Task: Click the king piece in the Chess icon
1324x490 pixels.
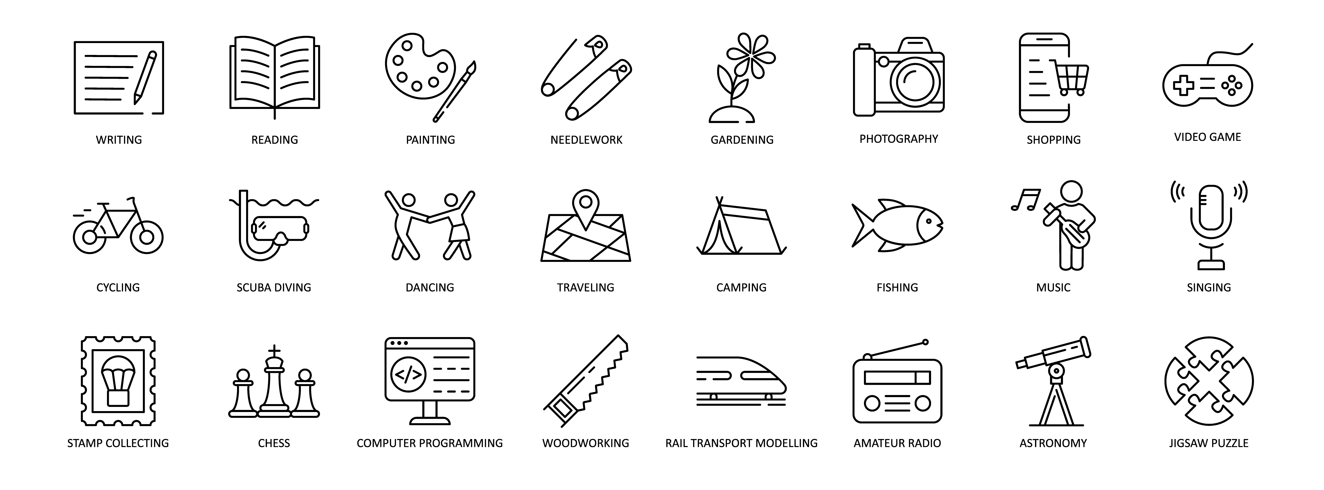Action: point(275,381)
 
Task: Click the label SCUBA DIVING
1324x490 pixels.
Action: point(274,288)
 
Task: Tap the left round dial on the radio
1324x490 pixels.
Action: point(872,404)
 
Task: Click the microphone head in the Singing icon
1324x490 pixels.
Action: point(1211,207)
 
